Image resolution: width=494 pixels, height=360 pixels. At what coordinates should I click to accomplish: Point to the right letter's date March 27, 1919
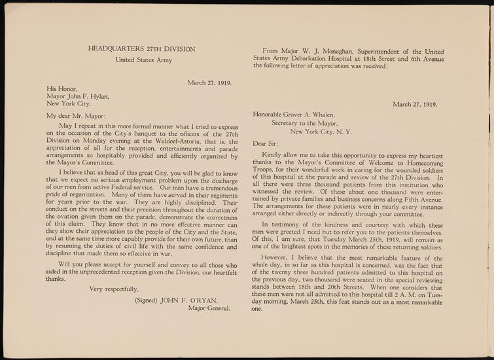click(415, 103)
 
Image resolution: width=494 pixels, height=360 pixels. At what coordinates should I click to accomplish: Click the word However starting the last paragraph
click(276, 259)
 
